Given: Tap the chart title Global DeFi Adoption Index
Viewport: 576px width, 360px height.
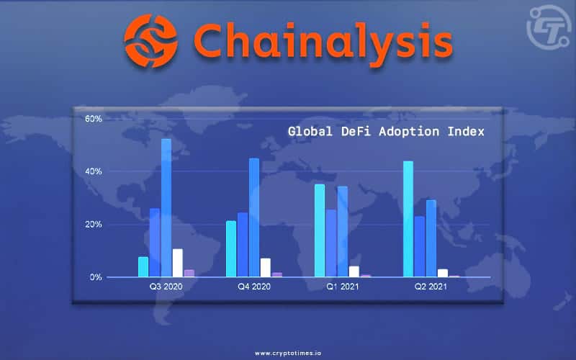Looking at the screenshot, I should click(386, 132).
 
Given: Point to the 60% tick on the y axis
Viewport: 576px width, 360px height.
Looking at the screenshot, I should click(94, 118).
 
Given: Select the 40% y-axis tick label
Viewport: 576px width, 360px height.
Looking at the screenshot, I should click(94, 171).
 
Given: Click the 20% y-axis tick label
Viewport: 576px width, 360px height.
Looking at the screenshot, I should click(94, 225).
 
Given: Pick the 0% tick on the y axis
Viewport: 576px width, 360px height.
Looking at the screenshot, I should click(96, 277).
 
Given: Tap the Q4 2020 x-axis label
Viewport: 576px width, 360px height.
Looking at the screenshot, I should click(253, 287).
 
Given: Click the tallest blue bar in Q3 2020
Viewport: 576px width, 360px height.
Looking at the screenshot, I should click(166, 208).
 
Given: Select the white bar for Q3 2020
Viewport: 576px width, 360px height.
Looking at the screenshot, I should click(178, 263).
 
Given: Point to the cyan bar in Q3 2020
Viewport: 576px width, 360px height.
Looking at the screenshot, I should click(143, 267).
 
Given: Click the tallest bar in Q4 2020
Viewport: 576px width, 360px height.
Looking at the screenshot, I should click(254, 217).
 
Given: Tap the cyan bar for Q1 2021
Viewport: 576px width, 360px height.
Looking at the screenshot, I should click(320, 230).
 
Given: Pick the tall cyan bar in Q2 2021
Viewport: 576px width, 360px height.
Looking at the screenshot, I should click(408, 219).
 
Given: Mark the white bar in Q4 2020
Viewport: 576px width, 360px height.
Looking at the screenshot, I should click(266, 267).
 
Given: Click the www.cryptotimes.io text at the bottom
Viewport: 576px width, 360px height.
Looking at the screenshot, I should click(287, 354).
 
